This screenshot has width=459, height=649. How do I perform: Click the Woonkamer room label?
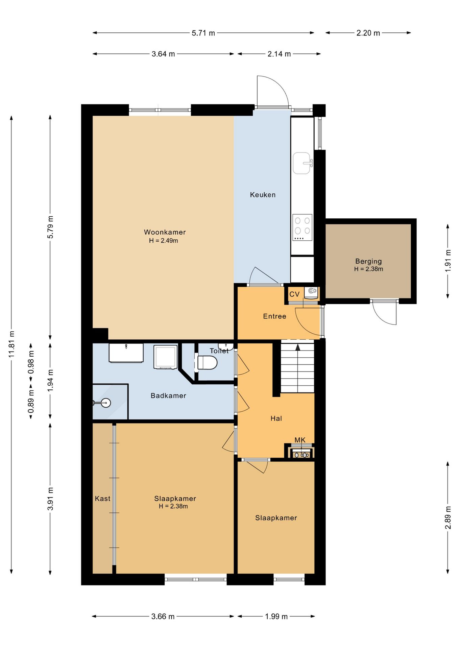(x=165, y=232)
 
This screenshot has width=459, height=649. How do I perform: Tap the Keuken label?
(x=263, y=195)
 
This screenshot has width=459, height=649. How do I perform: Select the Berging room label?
(x=368, y=261)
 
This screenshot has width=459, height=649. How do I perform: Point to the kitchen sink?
(x=302, y=163)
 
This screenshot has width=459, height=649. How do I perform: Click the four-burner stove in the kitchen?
(x=302, y=227)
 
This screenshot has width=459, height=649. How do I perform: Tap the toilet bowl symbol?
(x=207, y=363)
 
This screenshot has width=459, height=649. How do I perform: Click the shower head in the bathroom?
(x=106, y=403)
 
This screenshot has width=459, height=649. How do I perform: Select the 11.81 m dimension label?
(x=12, y=344)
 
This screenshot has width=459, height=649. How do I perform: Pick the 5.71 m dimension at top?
(x=203, y=33)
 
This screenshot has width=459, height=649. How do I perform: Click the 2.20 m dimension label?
(x=368, y=33)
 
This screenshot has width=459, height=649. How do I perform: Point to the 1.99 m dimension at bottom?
(x=276, y=617)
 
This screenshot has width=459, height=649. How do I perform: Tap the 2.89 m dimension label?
(x=448, y=518)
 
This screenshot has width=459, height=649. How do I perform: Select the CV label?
(x=294, y=294)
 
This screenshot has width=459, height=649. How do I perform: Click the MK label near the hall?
(x=300, y=440)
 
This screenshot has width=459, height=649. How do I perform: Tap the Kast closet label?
(x=102, y=499)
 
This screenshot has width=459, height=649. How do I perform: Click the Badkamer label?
(x=168, y=395)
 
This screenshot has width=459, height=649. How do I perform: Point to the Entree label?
(x=274, y=316)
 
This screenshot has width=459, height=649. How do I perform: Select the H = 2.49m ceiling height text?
(x=164, y=241)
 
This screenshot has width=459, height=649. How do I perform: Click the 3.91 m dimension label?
(x=50, y=499)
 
